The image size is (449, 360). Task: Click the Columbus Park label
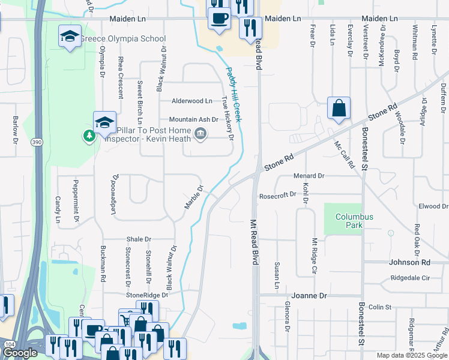pos(354,221)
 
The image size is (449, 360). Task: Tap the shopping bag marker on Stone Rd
pos(339,108)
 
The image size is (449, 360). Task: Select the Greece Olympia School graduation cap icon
pos(70,37)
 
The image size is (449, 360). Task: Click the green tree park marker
pos(89,136)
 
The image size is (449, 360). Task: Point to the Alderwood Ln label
pos(192,101)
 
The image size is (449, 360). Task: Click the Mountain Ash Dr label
pos(193,119)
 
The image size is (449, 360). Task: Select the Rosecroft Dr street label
pos(277,194)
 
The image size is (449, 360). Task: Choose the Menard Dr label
pos(309,176)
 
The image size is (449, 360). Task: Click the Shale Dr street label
pos(139,239)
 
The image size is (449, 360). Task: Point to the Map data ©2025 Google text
pos(411,355)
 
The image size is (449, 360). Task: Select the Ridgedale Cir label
pos(411,278)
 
